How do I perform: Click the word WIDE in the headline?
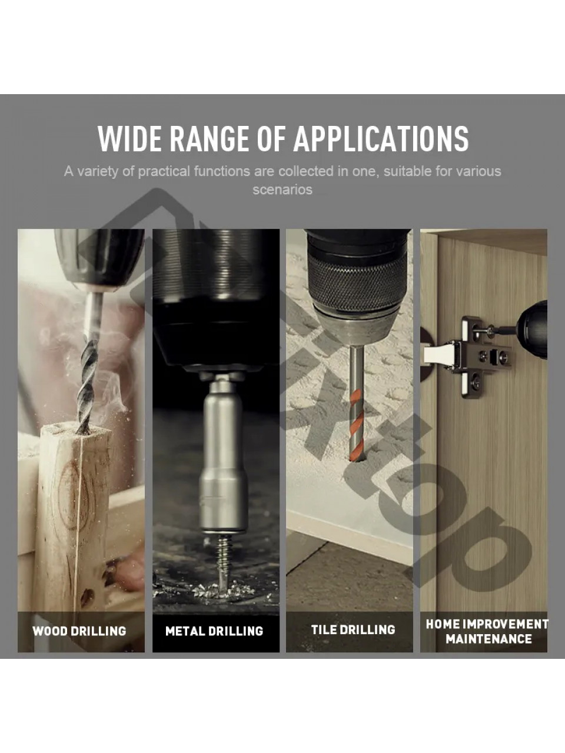[x=130, y=139]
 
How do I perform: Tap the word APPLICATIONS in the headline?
[x=381, y=139]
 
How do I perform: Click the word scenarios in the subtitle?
[x=282, y=189]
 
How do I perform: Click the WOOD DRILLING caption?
[x=79, y=631]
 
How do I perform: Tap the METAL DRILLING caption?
[x=214, y=631]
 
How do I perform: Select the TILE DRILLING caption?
[x=353, y=629]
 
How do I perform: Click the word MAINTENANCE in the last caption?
[x=489, y=639]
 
